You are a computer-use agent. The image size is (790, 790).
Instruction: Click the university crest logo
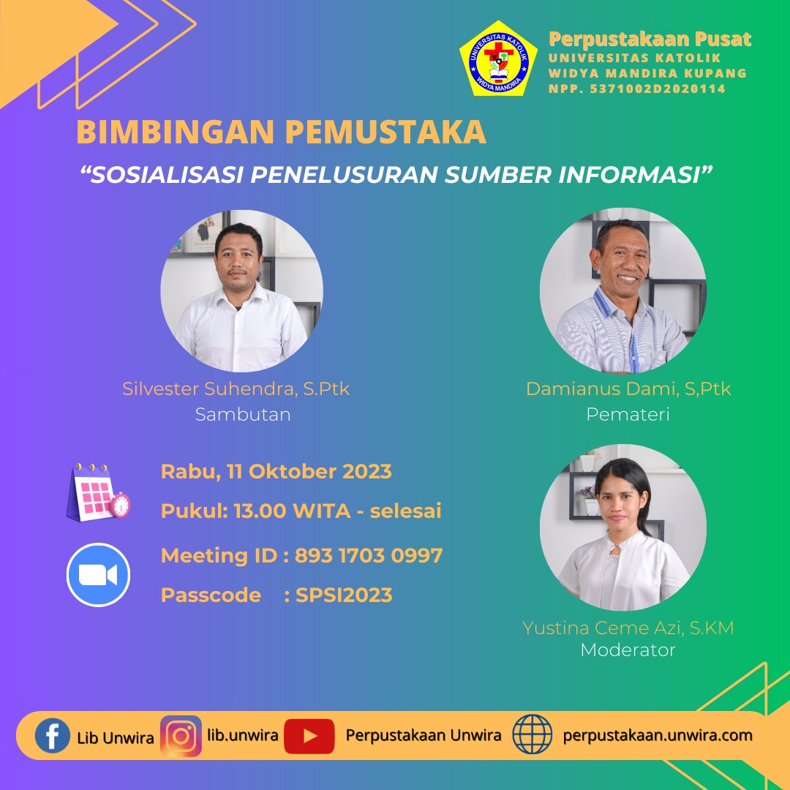[x=498, y=59]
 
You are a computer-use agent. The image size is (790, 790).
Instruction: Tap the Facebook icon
[x=53, y=736]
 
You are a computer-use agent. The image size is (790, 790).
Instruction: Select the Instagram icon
[x=181, y=736]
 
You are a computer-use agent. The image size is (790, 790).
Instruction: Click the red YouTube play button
[x=309, y=736]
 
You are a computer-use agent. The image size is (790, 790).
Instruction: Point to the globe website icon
[x=532, y=734]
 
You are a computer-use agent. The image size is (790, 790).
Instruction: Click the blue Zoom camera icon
[x=98, y=575]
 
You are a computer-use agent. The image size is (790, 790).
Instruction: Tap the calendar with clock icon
[x=98, y=492]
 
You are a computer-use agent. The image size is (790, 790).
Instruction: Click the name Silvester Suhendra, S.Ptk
[x=236, y=389]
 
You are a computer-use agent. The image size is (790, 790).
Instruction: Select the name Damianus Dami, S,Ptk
[x=628, y=389]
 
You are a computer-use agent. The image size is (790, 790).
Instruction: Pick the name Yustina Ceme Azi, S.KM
[x=628, y=628]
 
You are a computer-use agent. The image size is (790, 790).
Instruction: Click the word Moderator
[x=628, y=650]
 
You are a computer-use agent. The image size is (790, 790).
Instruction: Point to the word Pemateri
[x=628, y=414]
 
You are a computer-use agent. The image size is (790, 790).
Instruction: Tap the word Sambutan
[x=243, y=414]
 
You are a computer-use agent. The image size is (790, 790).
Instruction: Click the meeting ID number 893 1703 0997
[x=369, y=555]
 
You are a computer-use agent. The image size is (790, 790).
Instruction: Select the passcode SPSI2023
[x=344, y=595]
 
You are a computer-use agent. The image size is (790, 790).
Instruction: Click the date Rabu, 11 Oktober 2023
[x=276, y=472]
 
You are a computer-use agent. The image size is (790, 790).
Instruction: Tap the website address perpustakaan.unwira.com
[x=658, y=736]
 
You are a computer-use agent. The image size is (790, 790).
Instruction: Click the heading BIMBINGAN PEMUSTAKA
[x=281, y=132]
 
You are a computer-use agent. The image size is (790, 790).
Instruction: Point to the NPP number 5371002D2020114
[x=658, y=89]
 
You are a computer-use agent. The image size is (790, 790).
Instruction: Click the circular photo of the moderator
[x=623, y=527]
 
